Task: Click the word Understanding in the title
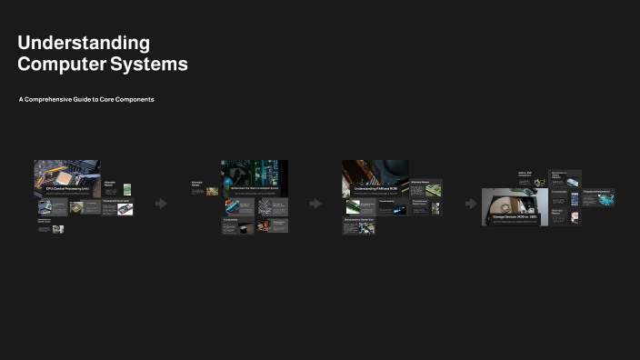pos(84,43)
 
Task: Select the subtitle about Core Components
pos(86,99)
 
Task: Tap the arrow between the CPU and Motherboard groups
pos(161,204)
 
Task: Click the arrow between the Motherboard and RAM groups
pos(315,204)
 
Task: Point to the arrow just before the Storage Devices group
pos(471,204)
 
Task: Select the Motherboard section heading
pos(255,188)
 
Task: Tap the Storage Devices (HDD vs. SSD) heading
pos(515,217)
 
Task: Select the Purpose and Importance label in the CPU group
pos(116,201)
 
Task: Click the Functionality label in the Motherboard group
pos(231,219)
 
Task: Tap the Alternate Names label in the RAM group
pos(419,182)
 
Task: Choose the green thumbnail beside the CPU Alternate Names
pos(128,190)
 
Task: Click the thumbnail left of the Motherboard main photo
pos(212,192)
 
